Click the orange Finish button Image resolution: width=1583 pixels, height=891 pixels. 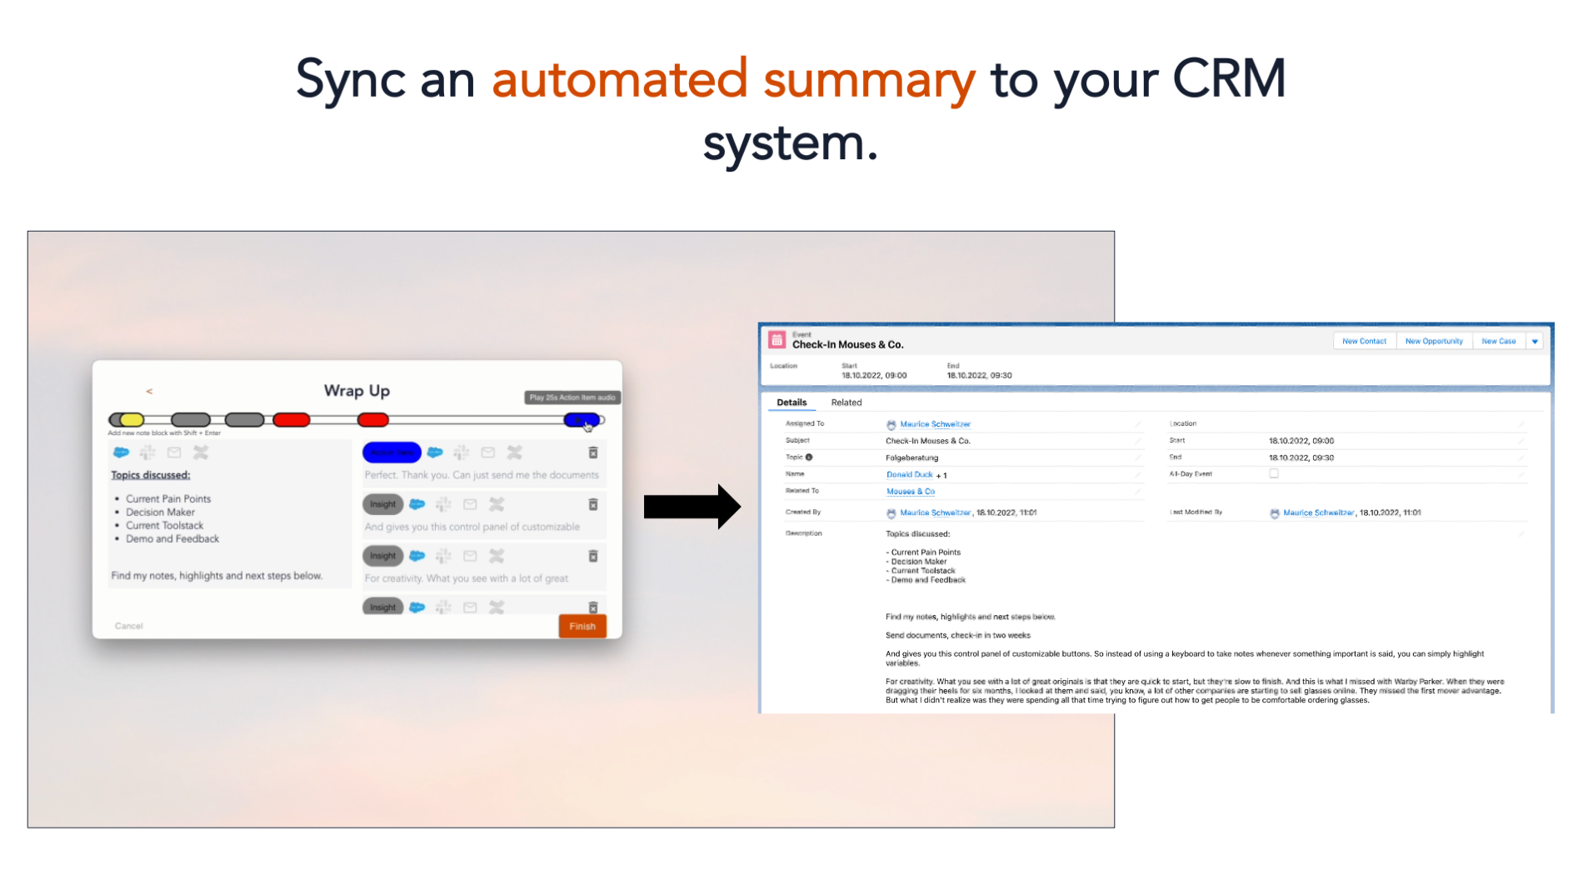582,626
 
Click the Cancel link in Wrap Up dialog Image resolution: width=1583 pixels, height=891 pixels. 129,626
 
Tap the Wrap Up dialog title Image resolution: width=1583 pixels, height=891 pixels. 357,391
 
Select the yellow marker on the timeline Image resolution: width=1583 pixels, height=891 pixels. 132,420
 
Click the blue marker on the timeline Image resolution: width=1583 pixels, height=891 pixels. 580,420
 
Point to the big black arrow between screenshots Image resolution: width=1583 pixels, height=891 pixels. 692,507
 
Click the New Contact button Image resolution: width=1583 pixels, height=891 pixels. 1364,341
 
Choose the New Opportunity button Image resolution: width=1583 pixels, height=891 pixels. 1434,341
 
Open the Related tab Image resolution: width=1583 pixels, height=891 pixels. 846,403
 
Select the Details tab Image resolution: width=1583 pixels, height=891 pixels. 791,403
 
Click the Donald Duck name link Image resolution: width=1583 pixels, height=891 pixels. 909,474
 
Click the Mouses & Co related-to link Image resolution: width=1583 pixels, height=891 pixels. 910,492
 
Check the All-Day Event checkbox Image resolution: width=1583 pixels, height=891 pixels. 1274,473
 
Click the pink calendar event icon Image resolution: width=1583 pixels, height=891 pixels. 777,340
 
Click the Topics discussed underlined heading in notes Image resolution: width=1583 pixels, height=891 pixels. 151,475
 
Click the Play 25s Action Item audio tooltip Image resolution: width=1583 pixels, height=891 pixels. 572,398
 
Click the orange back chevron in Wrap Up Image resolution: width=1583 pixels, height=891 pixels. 149,391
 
